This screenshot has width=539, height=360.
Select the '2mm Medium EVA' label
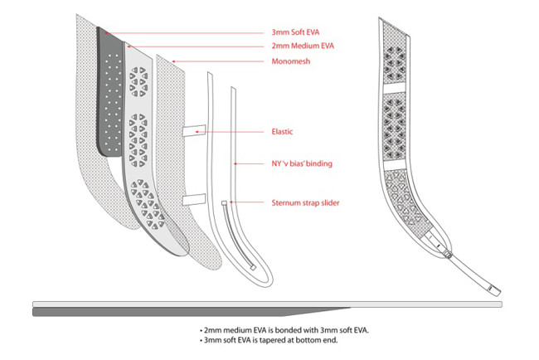(x=301, y=46)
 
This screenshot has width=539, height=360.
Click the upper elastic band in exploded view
(x=194, y=129)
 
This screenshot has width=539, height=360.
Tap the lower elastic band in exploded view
(x=194, y=198)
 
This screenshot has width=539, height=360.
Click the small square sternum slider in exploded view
(x=224, y=202)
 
